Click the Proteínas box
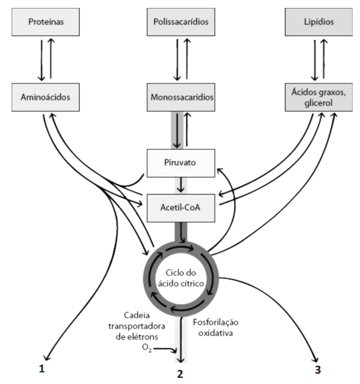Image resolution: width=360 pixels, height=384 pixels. click(x=46, y=22)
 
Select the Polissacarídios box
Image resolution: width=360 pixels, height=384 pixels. click(x=181, y=22)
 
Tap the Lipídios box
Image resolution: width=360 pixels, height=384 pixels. click(x=319, y=22)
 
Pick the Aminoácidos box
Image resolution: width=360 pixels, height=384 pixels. click(x=46, y=97)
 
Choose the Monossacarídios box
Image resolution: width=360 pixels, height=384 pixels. click(x=181, y=97)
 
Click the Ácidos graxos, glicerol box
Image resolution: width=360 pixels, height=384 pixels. click(x=319, y=97)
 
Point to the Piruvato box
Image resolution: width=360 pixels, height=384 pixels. click(x=181, y=163)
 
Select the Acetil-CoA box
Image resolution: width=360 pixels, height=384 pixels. click(x=181, y=208)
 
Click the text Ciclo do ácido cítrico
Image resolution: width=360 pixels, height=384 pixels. click(x=181, y=278)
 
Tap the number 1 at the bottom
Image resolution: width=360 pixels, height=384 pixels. click(x=42, y=369)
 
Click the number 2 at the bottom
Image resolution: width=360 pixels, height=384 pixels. click(x=180, y=374)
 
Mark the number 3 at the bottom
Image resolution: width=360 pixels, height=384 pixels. click(x=318, y=369)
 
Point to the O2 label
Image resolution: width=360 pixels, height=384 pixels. click(x=146, y=348)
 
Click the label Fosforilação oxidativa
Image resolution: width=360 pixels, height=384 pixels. click(x=215, y=328)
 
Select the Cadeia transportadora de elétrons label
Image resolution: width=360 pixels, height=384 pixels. click(x=137, y=326)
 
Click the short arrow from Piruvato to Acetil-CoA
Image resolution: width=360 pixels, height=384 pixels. click(x=181, y=185)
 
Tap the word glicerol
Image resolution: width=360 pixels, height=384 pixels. click(x=319, y=103)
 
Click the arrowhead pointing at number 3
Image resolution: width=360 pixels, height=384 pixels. click(x=316, y=359)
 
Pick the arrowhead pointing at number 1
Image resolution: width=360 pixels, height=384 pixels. click(x=46, y=357)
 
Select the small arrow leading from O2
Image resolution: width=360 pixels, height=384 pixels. click(x=165, y=349)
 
